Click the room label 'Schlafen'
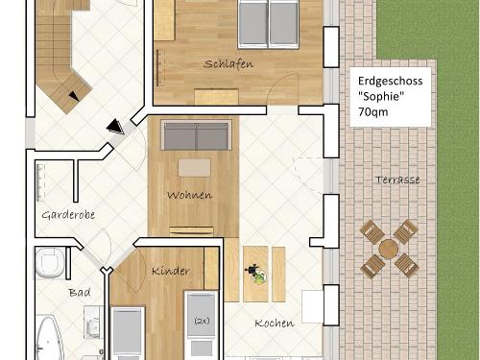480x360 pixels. [228, 64]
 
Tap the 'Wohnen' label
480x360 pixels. [189, 196]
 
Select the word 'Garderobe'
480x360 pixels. [68, 215]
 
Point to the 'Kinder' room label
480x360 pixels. [171, 272]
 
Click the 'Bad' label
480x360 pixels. [78, 291]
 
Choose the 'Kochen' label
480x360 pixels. [274, 324]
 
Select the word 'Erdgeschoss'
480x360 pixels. [389, 82]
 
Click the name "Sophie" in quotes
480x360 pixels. [379, 97]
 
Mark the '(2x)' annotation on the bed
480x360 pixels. [203, 321]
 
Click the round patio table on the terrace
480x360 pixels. [389, 248]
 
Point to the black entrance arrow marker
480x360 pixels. [116, 126]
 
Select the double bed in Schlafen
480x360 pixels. [268, 22]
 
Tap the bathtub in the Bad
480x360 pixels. [49, 338]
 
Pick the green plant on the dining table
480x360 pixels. [257, 276]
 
